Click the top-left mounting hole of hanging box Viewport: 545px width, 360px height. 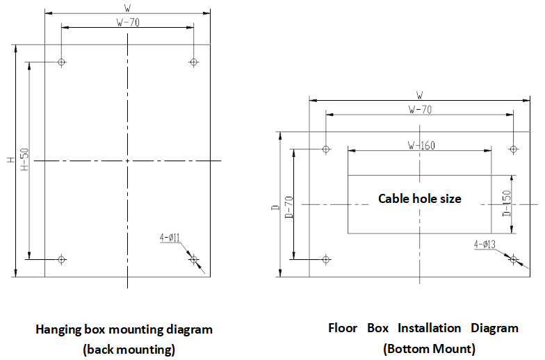(x=62, y=62)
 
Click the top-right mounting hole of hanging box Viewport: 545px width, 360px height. (x=194, y=62)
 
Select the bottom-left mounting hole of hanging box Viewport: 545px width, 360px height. (x=62, y=259)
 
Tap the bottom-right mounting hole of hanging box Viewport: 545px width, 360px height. (x=194, y=259)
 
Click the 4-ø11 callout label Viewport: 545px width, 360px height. (x=170, y=237)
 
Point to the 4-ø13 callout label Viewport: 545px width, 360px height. (x=485, y=244)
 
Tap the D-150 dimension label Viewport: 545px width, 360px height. (x=507, y=203)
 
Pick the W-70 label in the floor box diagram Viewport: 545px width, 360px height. (x=420, y=109)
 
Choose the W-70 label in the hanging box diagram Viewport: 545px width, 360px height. (x=127, y=22)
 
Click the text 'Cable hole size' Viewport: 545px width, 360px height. (x=419, y=199)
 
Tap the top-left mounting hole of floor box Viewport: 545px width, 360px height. (x=326, y=149)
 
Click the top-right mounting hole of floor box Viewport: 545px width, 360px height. (x=514, y=149)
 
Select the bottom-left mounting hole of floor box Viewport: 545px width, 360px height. (x=326, y=259)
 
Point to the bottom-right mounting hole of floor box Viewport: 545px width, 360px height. (x=514, y=259)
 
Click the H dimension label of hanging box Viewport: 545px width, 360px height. (x=10, y=161)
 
